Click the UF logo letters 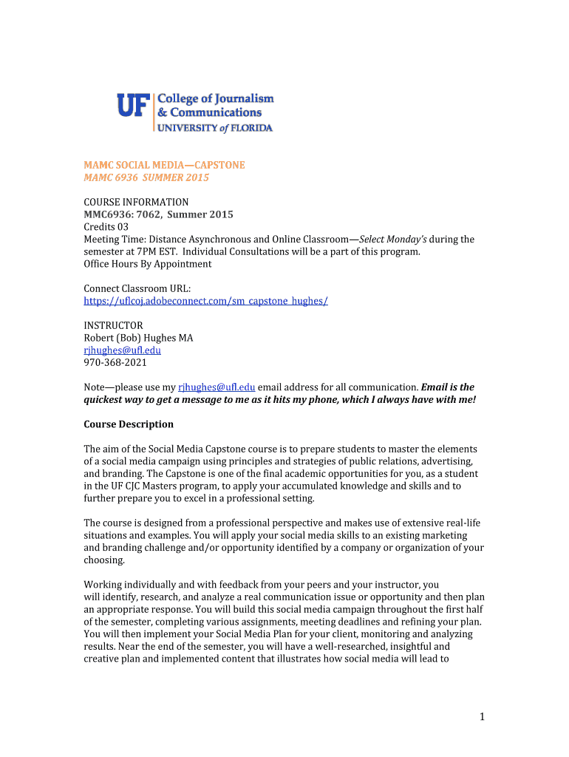click(133, 106)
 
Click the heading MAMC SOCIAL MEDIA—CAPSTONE click(164, 165)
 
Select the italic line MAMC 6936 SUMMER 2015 click(146, 178)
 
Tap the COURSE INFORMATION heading click(136, 202)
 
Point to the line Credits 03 click(106, 227)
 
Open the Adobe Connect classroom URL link click(205, 301)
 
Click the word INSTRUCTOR click(113, 325)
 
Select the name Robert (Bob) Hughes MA click(138, 338)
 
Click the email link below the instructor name click(122, 350)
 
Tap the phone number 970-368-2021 click(115, 362)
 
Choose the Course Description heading click(129, 424)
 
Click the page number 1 click(480, 716)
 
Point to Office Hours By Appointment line click(147, 264)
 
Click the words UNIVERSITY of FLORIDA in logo click(214, 128)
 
